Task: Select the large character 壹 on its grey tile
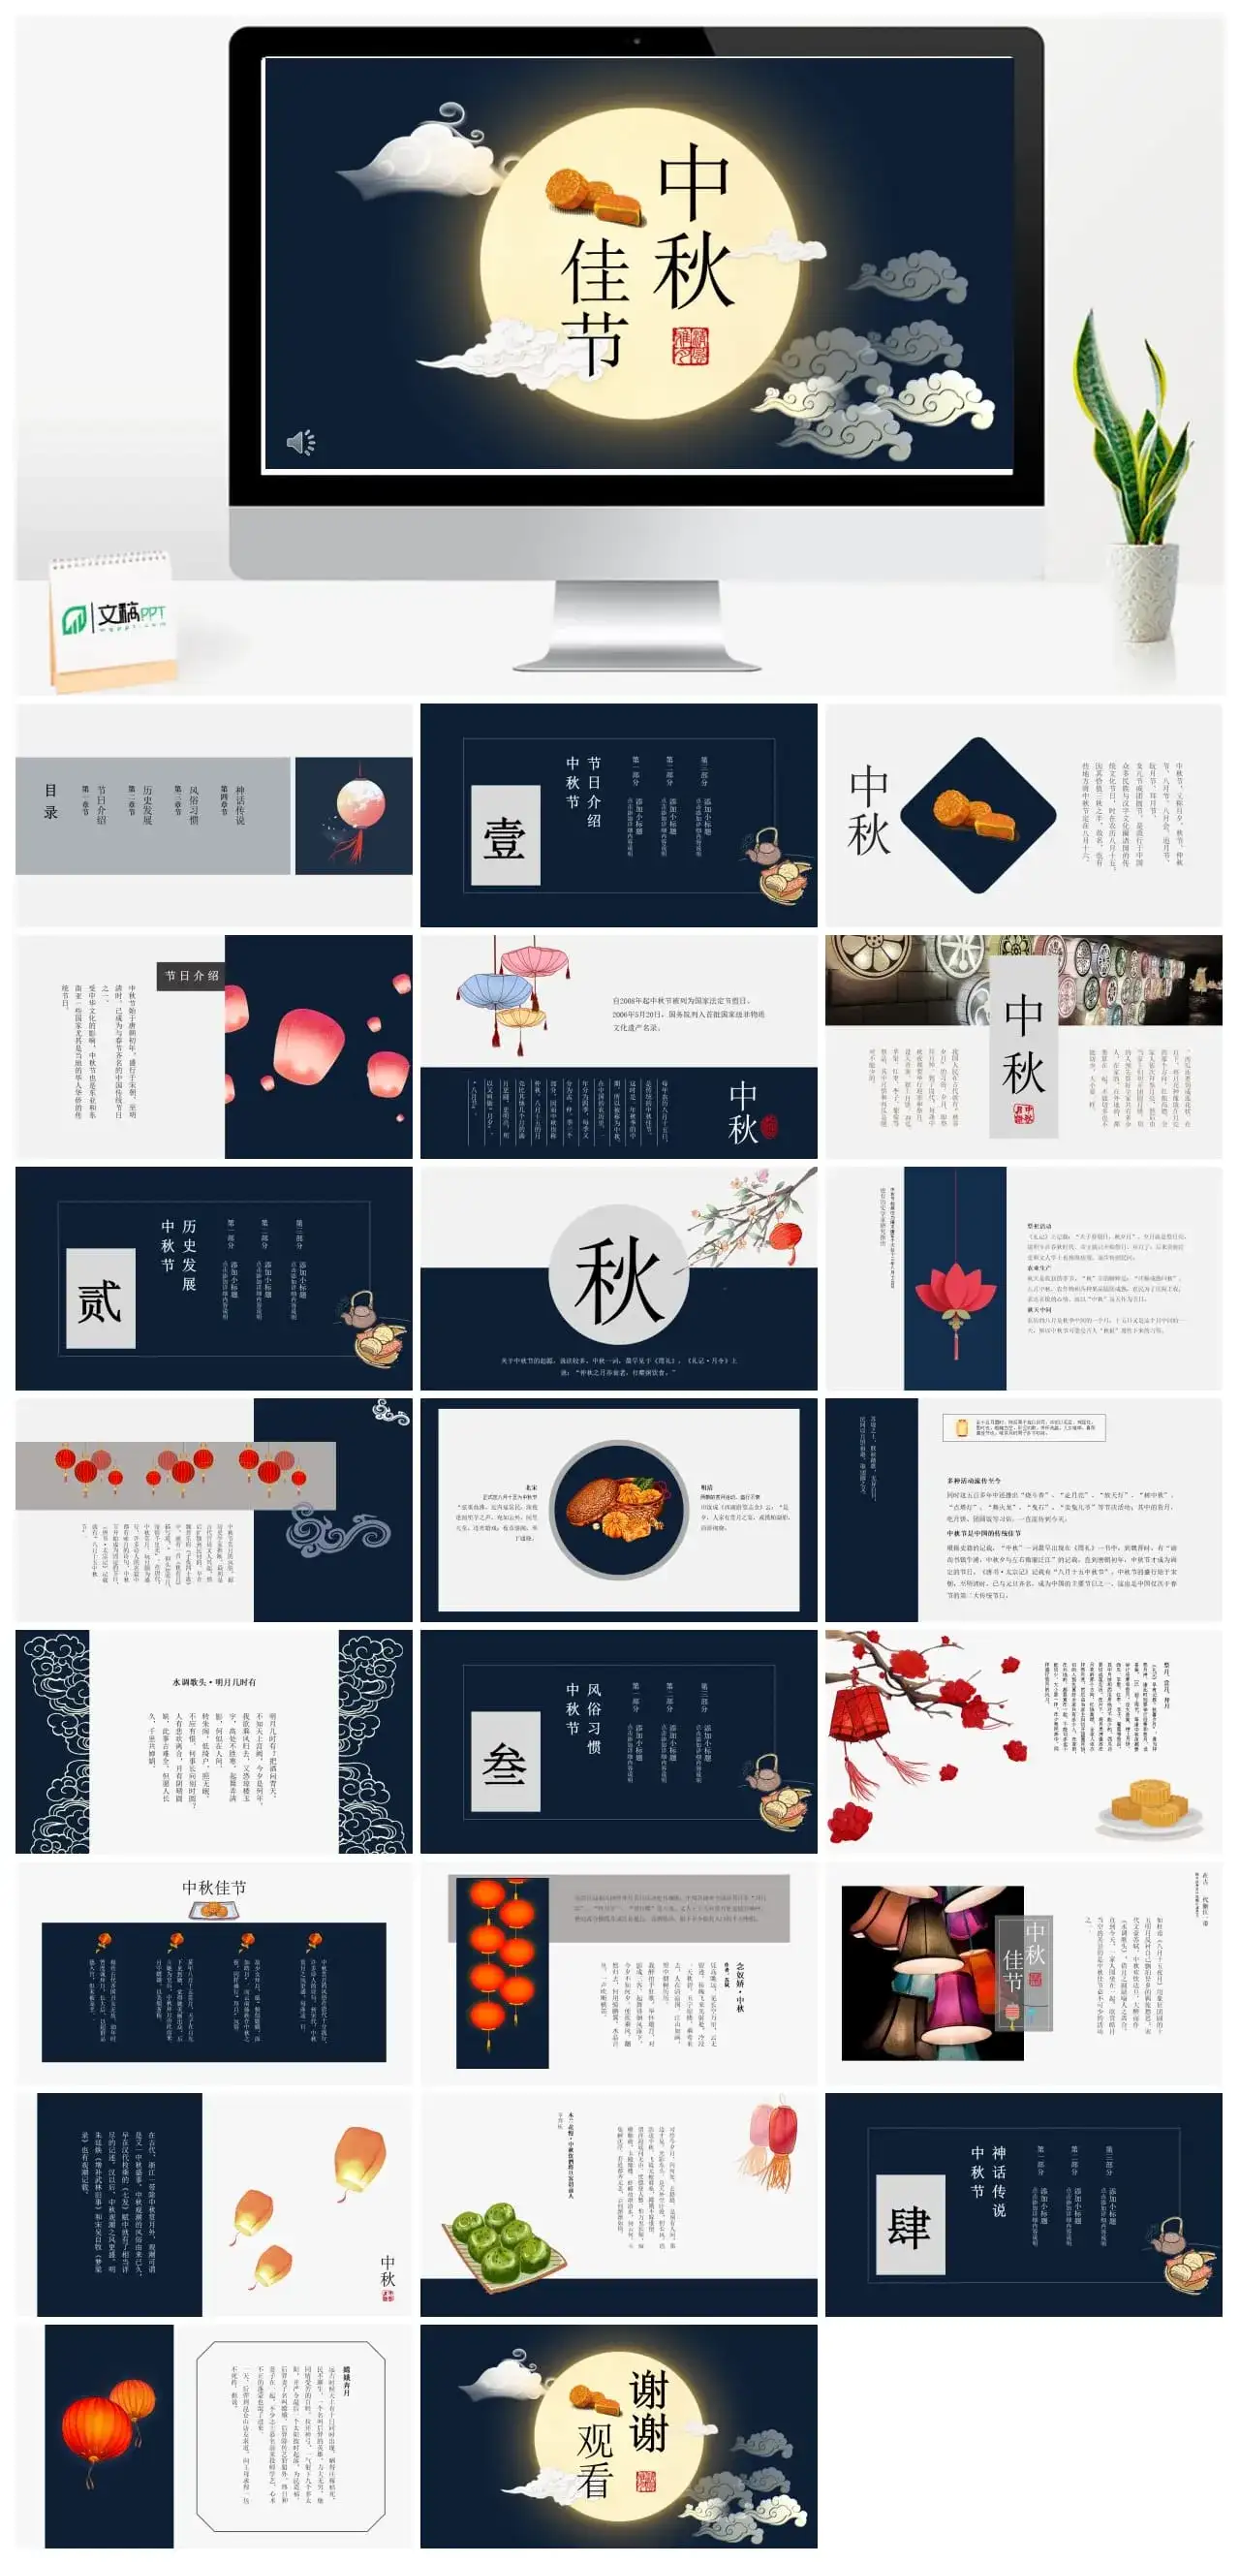coord(505,836)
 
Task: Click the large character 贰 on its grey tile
coord(100,1299)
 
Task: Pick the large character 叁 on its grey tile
coord(505,1763)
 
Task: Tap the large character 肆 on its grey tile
coord(910,2226)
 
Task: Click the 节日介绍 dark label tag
coord(190,976)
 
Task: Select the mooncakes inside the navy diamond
coord(976,814)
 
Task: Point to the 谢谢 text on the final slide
coord(648,2410)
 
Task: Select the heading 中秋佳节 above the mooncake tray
coord(214,1889)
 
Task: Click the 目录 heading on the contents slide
coord(50,801)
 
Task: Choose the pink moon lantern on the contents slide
coord(357,808)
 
